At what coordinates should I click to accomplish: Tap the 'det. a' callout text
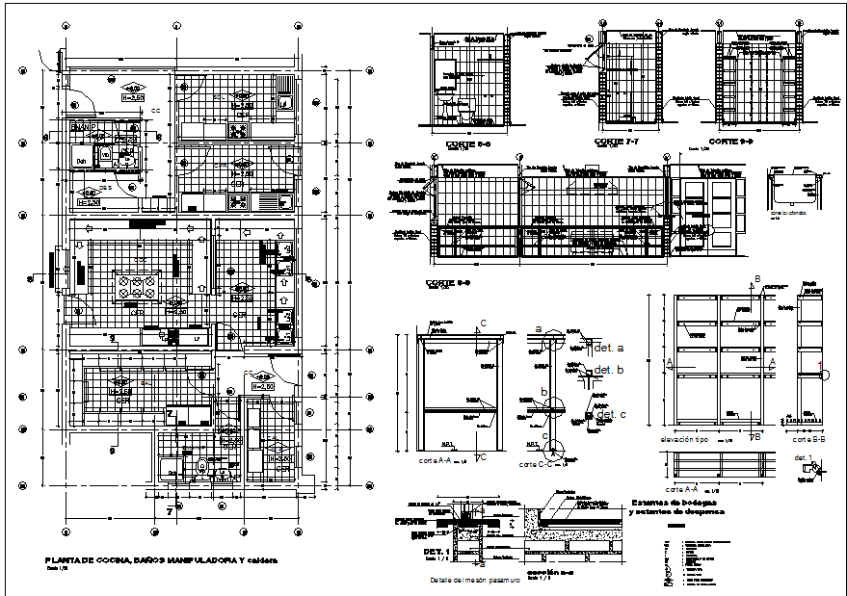coord(611,347)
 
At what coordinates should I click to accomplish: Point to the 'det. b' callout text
coord(611,370)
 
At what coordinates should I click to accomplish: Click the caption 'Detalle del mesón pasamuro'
coord(475,581)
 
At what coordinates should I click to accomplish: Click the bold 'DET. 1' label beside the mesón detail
coord(437,552)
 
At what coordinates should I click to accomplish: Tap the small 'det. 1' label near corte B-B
coord(802,457)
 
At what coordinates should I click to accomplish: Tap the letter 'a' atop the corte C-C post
coord(539,329)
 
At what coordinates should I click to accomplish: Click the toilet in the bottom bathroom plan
coord(201,468)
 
